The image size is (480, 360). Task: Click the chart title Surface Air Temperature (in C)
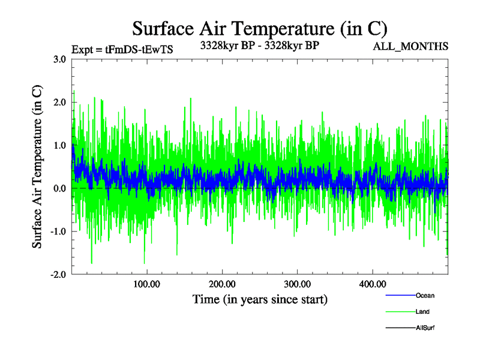tap(259, 28)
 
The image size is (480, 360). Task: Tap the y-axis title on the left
tap(37, 167)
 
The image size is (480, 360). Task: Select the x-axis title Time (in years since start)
tap(260, 299)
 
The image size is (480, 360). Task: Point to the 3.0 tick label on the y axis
tap(60, 59)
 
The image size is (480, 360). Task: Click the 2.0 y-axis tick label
tap(60, 103)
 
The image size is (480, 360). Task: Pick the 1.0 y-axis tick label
tap(60, 145)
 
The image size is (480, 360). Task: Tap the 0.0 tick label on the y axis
tap(60, 188)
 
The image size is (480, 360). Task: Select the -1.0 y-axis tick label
tap(59, 232)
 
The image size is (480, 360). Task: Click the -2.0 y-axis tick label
tap(59, 274)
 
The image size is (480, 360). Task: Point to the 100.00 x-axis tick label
tap(146, 284)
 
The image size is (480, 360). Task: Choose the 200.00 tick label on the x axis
tap(221, 284)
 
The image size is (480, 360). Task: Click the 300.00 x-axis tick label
tap(297, 284)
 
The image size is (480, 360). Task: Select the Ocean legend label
tap(425, 295)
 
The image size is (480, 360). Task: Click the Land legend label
tap(422, 311)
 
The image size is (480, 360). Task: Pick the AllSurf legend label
tap(425, 328)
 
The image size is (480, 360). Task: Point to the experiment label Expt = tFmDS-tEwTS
tap(122, 50)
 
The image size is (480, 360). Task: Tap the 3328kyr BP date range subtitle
tap(259, 45)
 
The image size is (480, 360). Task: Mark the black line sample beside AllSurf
tap(400, 328)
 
